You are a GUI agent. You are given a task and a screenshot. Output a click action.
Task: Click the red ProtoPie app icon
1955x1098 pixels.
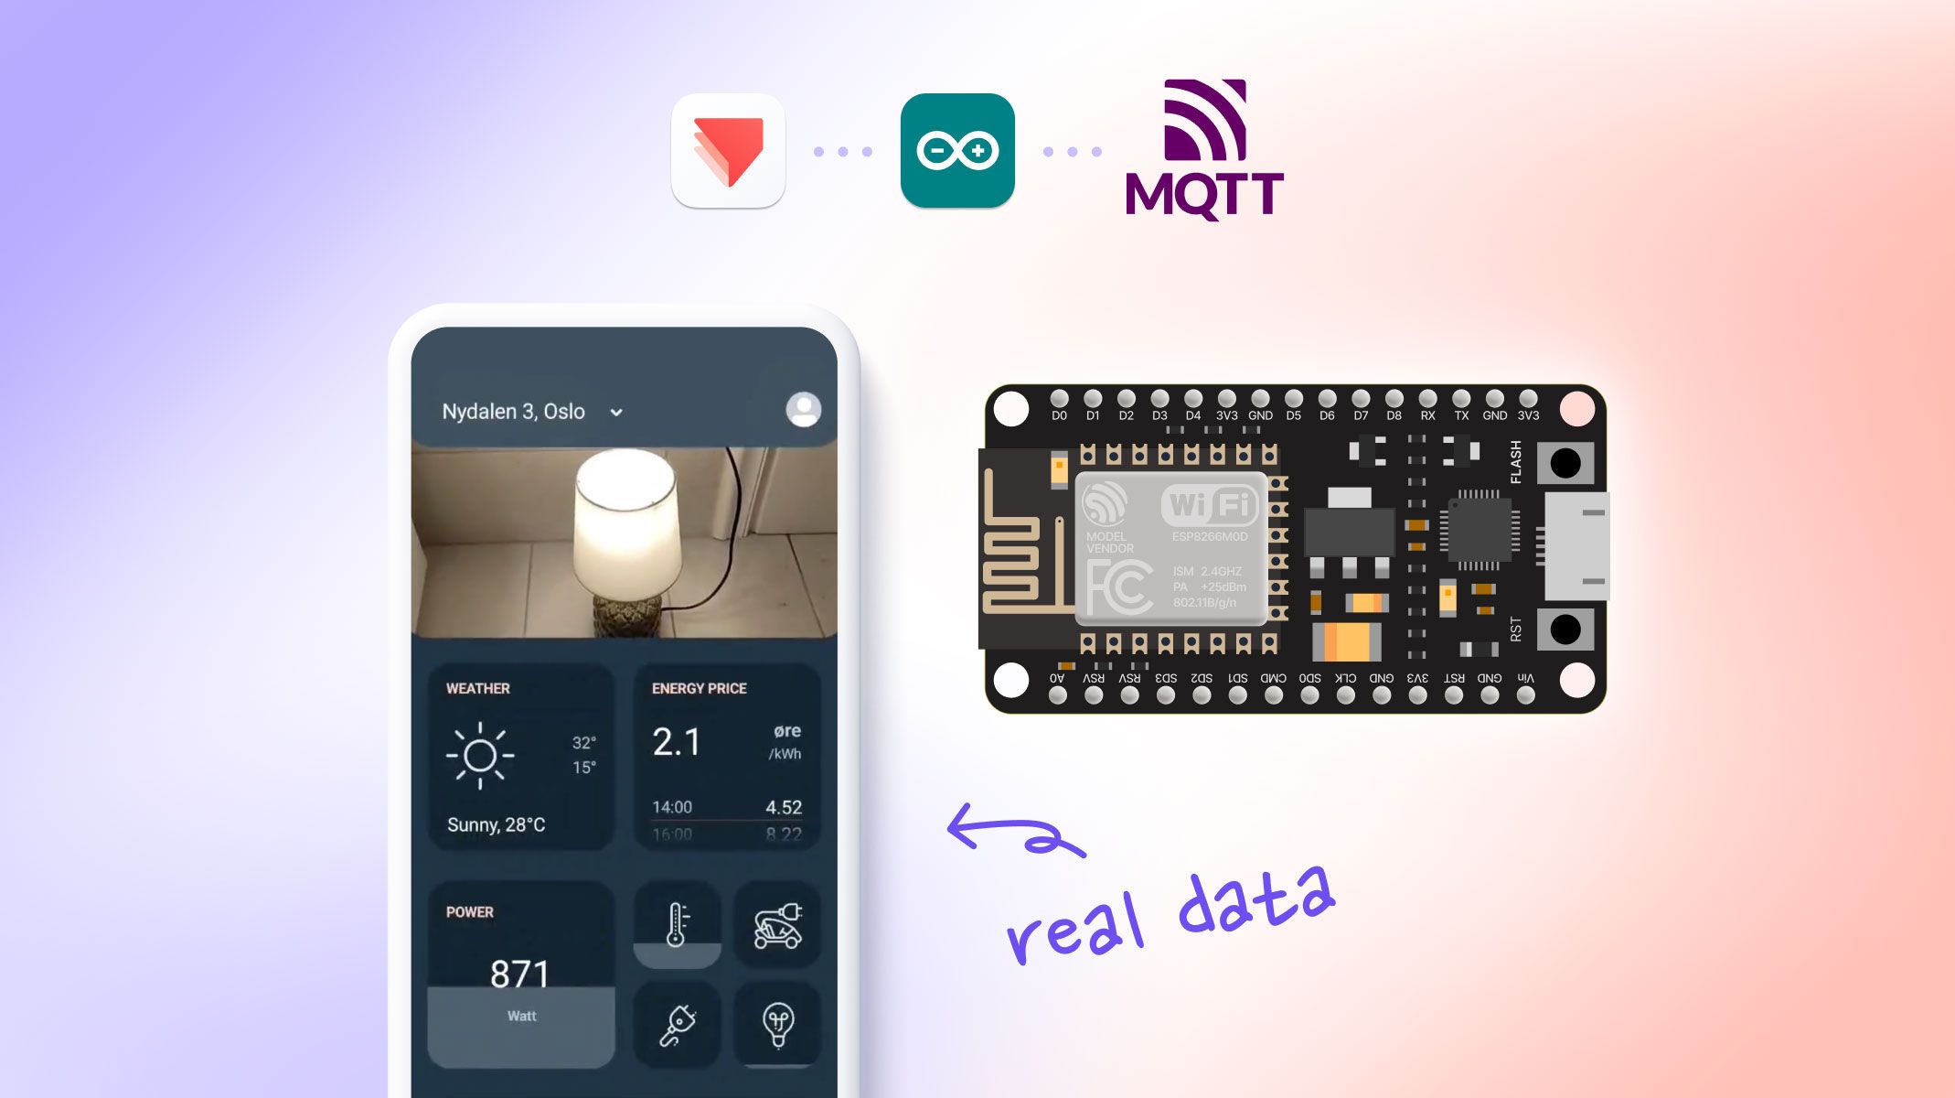[728, 151]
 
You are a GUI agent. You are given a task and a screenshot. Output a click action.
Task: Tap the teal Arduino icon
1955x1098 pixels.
[957, 151]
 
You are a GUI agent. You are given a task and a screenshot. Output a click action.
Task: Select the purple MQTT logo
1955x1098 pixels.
[1204, 151]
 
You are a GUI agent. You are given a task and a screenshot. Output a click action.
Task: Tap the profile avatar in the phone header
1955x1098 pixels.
[803, 410]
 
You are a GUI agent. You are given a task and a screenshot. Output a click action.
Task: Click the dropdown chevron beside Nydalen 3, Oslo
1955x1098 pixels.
[616, 413]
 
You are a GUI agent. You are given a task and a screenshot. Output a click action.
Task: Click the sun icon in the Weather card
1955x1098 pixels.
[480, 756]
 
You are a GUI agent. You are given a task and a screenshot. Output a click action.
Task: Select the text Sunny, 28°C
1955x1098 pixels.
[496, 824]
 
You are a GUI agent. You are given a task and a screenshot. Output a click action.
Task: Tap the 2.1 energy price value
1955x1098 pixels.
[677, 742]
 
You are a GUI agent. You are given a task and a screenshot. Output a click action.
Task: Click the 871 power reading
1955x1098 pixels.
[519, 974]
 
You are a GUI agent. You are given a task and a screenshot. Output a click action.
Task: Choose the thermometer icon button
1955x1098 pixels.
[677, 925]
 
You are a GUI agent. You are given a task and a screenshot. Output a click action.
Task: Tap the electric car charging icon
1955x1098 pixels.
[777, 925]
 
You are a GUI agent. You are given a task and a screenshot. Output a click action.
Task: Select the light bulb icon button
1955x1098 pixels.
[777, 1025]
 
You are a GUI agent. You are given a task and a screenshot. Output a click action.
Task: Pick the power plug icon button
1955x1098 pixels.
[677, 1025]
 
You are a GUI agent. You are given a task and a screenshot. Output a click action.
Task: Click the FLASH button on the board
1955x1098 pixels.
[1565, 463]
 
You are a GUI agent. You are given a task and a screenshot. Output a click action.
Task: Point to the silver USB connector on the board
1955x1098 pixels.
[1576, 546]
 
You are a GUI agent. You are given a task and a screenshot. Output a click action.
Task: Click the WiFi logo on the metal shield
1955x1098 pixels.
[1209, 504]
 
